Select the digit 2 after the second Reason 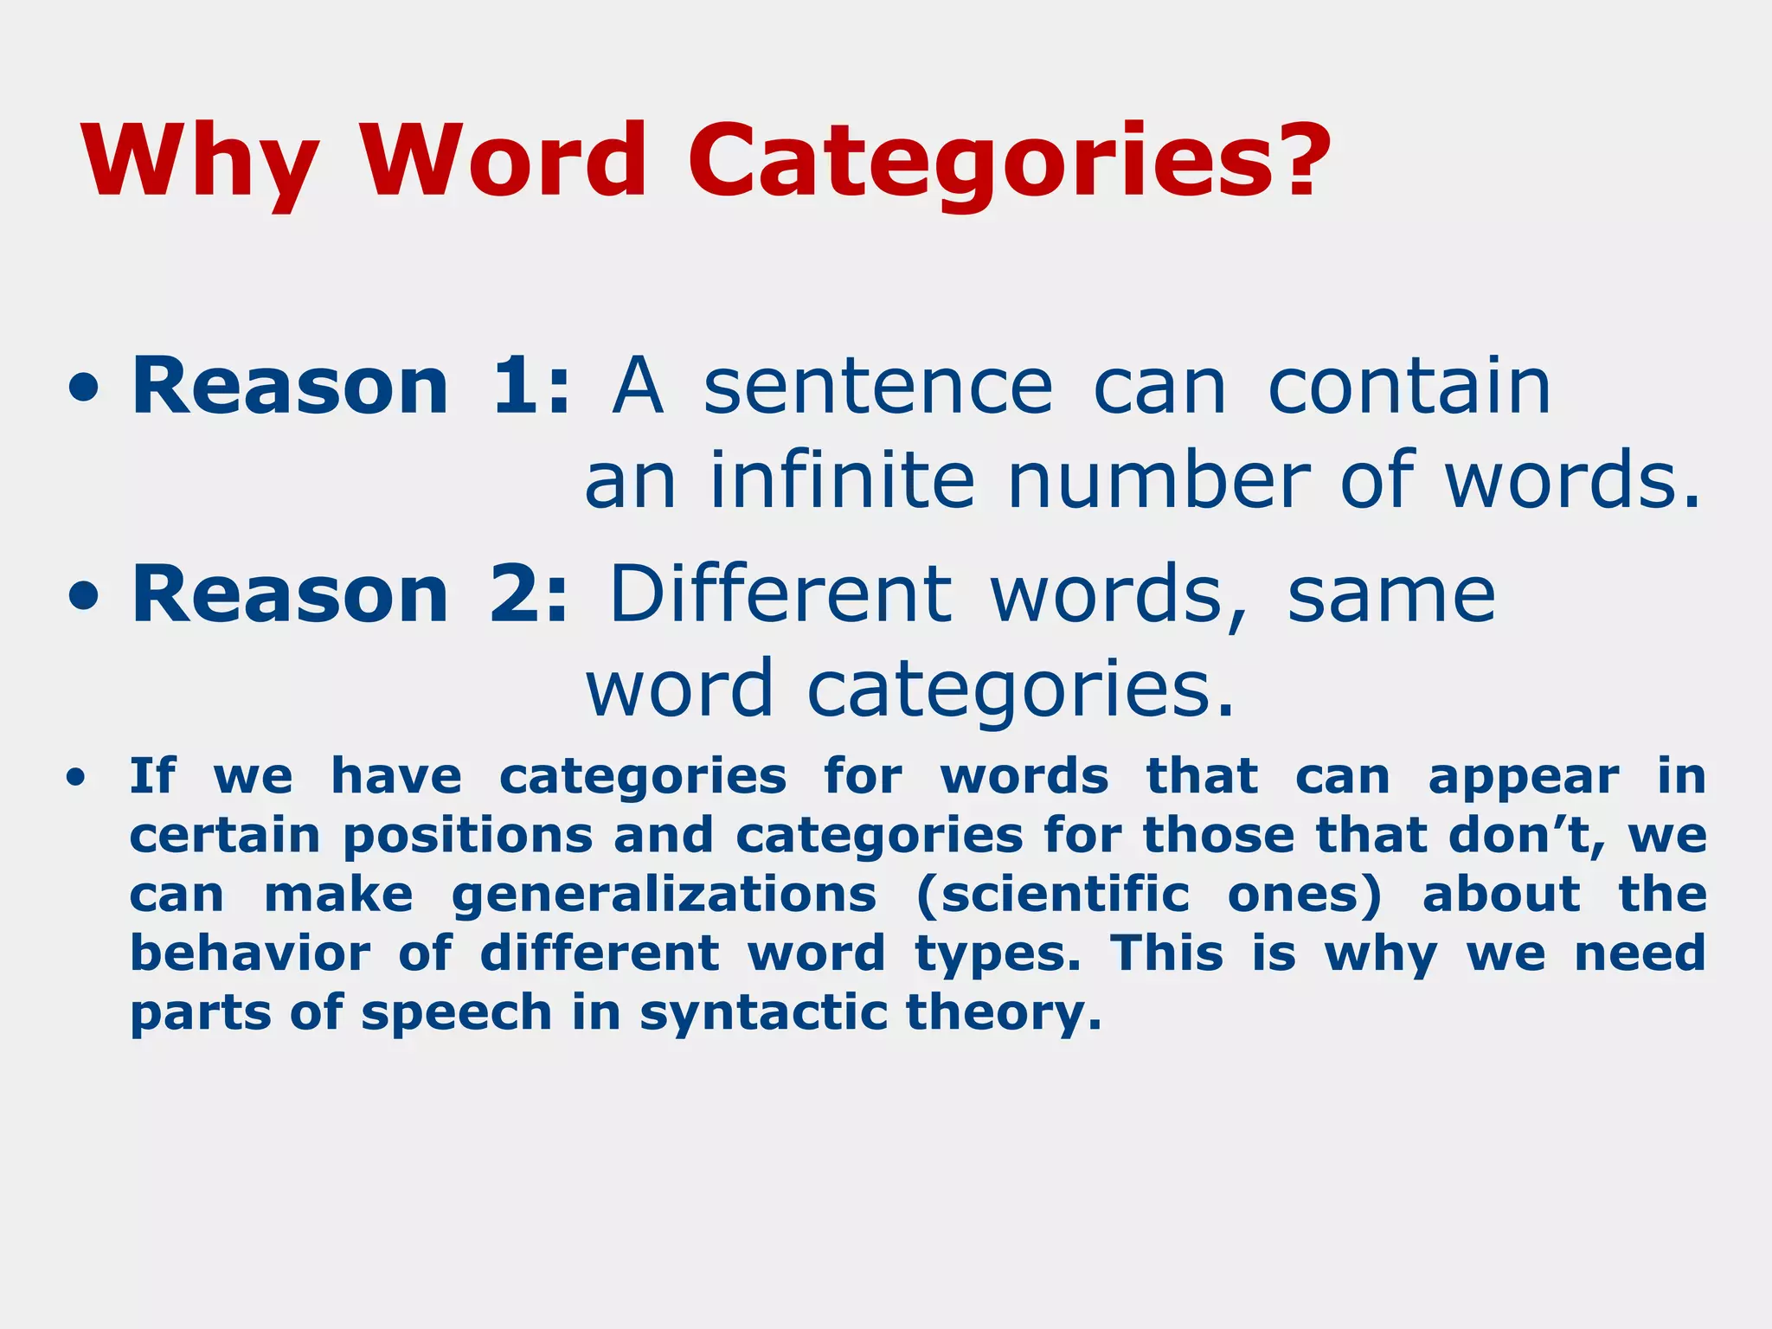[x=514, y=594]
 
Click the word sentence [x=877, y=388]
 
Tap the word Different [x=780, y=594]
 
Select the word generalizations [x=664, y=896]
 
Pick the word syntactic [x=763, y=1014]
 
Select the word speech [x=456, y=1014]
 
